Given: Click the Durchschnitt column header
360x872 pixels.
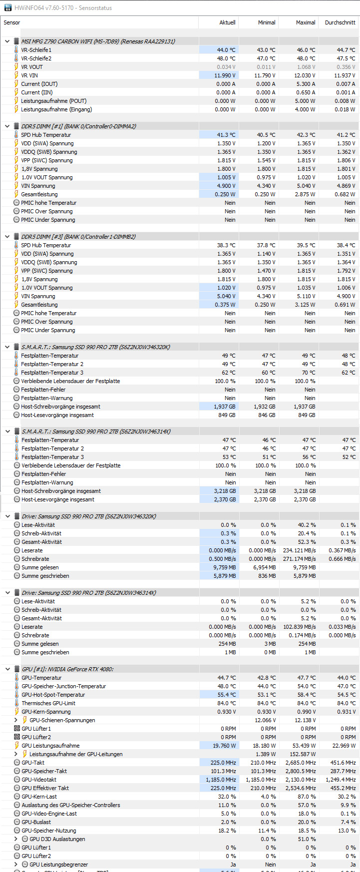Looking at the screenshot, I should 340,22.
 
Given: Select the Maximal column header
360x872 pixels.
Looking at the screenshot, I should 305,22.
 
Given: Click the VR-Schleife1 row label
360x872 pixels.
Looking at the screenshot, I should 36,50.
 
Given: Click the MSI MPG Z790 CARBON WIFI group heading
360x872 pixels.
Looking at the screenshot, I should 98,41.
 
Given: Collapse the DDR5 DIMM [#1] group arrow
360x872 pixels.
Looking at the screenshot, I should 7,126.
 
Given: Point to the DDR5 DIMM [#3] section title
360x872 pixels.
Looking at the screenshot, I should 78,237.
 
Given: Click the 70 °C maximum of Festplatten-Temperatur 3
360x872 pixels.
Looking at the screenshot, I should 308,373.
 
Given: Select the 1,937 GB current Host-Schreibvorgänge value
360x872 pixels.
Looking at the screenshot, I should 224,407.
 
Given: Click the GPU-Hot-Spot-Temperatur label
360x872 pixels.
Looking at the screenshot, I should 53,695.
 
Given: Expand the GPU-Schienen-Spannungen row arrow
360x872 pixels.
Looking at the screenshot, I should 16,720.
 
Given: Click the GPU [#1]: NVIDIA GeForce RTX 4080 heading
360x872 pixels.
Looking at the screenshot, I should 67,669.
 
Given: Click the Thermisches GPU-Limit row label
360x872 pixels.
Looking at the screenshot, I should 48,703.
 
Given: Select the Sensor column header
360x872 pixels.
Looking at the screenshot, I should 12,22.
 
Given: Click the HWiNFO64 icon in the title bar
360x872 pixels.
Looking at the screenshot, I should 7,8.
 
